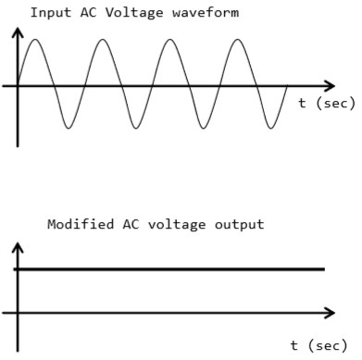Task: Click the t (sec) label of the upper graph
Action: pyautogui.click(x=326, y=103)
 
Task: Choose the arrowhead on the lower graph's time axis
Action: pyautogui.click(x=330, y=312)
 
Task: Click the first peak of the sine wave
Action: pyautogui.click(x=34, y=40)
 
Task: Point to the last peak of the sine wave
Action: pyautogui.click(x=239, y=40)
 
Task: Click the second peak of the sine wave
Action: pyautogui.click(x=102, y=40)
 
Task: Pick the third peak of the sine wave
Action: pyautogui.click(x=170, y=40)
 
